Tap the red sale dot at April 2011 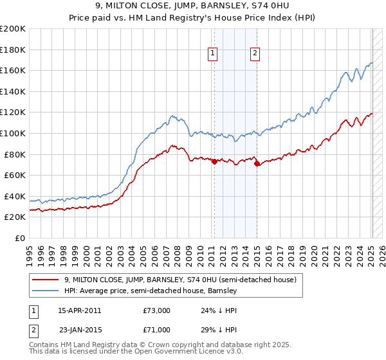pyautogui.click(x=214, y=162)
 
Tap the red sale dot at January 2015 pyautogui.click(x=257, y=164)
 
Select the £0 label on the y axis pyautogui.click(x=21, y=238)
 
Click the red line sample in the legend pyautogui.click(x=46, y=280)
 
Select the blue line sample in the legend pyautogui.click(x=46, y=291)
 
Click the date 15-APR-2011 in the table pyautogui.click(x=79, y=310)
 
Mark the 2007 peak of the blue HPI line pyautogui.click(x=172, y=116)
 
